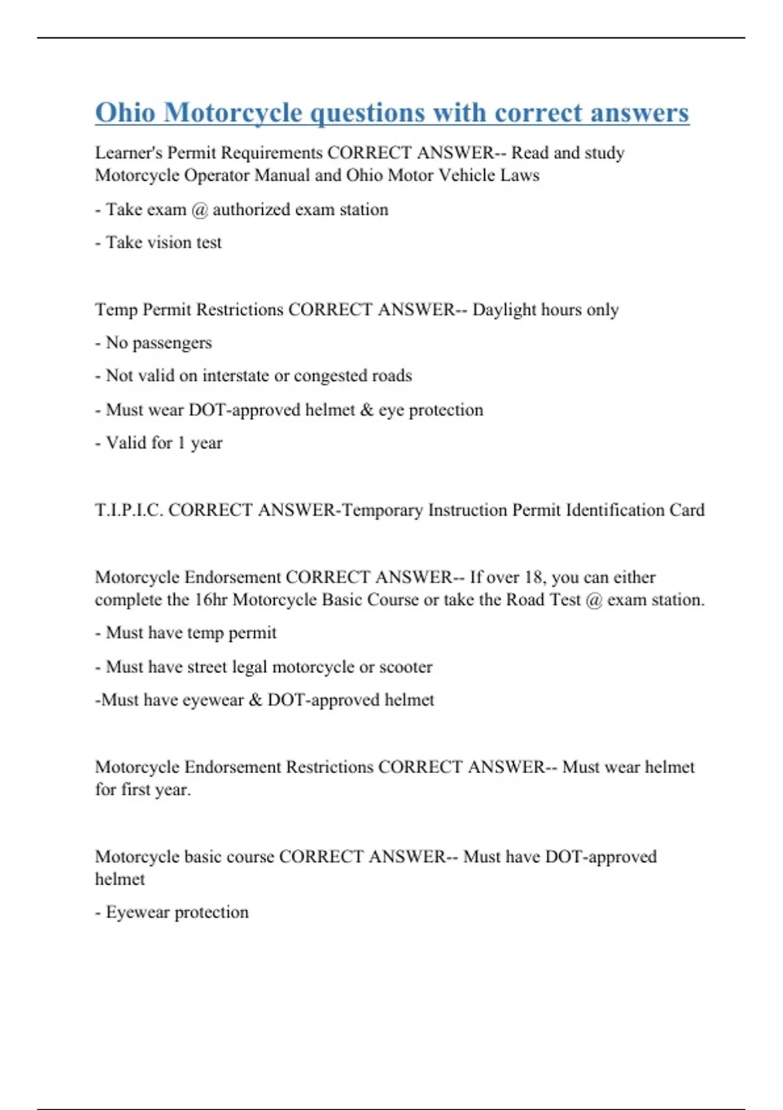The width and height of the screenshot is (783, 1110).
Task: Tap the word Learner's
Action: tap(128, 153)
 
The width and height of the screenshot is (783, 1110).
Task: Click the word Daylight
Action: tap(504, 309)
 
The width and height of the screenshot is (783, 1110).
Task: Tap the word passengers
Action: tap(172, 343)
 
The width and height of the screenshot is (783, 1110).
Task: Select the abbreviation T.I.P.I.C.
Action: tap(129, 510)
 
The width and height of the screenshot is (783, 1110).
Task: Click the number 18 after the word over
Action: tap(534, 577)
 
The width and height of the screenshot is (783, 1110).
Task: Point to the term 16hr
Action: tap(210, 599)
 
